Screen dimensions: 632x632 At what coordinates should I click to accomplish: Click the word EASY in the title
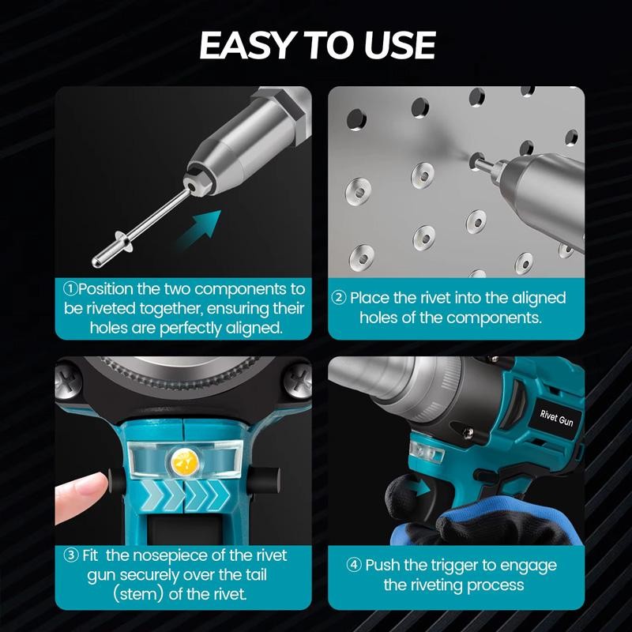246,45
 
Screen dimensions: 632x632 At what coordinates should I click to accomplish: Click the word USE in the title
400,45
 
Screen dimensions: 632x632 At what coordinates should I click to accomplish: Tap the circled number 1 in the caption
70,288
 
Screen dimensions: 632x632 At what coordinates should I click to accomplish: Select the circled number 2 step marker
339,298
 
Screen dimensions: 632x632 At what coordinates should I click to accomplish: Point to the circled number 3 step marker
71,555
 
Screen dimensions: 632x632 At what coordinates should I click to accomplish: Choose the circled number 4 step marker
354,565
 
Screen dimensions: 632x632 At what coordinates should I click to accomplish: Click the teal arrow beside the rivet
200,230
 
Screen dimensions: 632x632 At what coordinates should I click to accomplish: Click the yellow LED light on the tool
184,460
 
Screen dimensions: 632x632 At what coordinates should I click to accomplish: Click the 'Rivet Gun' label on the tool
557,419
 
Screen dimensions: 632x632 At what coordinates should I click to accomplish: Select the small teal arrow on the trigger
419,490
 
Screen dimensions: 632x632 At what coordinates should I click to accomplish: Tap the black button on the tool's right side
263,479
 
